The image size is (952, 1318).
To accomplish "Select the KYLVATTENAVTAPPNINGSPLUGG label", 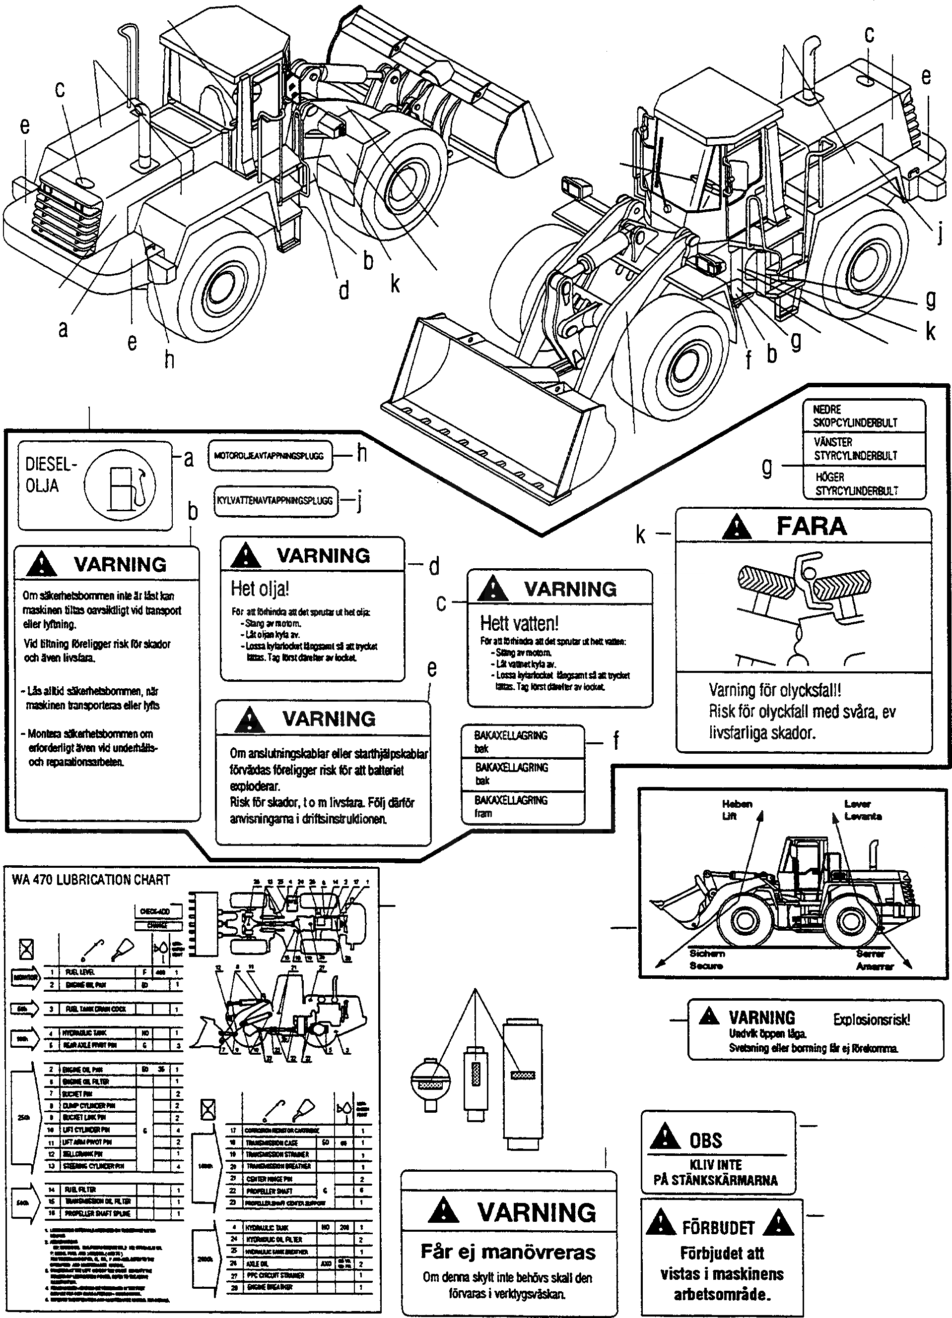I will (x=275, y=500).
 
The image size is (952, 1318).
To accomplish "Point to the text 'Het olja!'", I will (x=260, y=589).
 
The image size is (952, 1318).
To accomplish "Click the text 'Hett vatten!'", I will (x=519, y=623).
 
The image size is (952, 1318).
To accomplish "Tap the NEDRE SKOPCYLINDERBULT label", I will (x=855, y=416).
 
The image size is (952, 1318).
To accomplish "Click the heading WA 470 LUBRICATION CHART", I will (x=91, y=880).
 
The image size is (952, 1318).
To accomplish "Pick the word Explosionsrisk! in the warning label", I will (x=871, y=1019).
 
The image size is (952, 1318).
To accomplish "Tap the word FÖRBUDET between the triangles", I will (x=718, y=1228).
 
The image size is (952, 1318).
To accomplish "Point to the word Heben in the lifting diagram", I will (x=737, y=804).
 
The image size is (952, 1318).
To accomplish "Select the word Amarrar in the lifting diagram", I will (x=874, y=966).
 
